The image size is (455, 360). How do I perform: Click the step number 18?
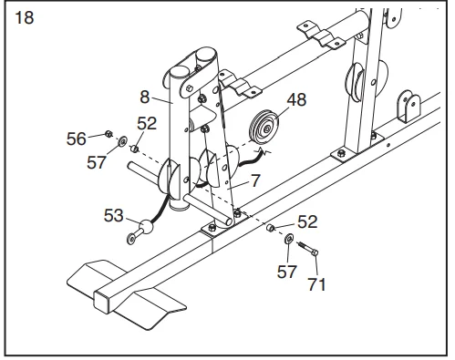[26, 19]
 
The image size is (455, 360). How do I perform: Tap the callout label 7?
[256, 181]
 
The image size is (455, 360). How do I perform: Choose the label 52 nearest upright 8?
[147, 123]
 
